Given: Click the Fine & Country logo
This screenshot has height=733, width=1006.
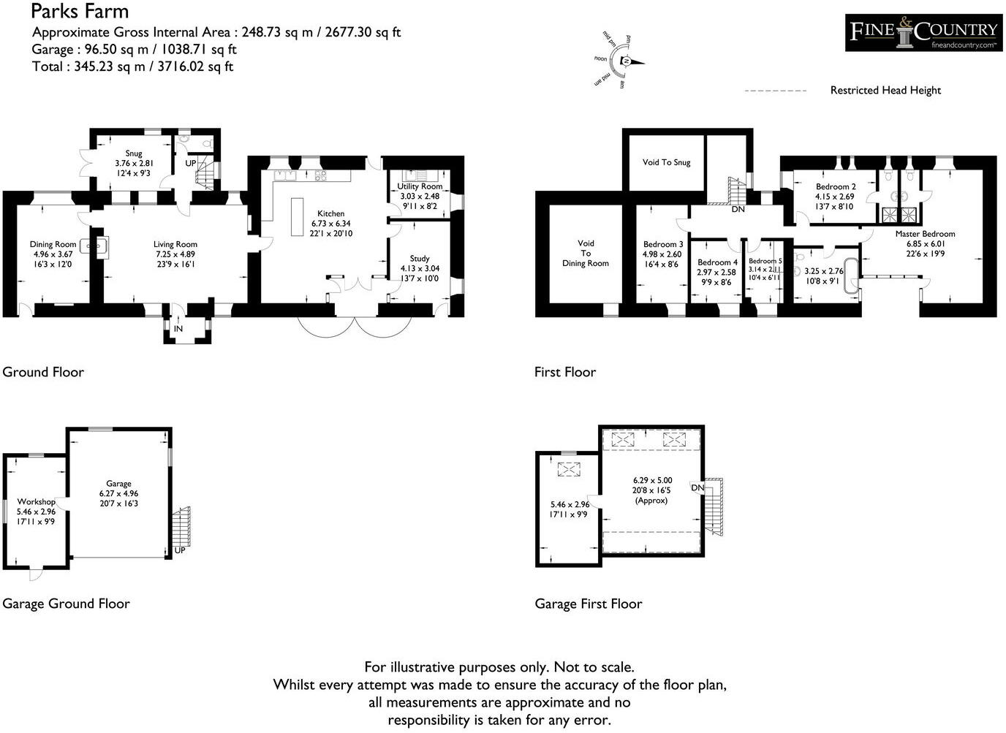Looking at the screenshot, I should click(x=923, y=33).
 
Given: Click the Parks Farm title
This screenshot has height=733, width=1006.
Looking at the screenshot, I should click(x=80, y=11).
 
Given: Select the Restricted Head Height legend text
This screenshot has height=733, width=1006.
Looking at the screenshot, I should click(x=885, y=91).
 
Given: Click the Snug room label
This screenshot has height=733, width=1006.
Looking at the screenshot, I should click(x=133, y=153).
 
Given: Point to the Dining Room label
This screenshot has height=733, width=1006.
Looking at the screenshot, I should click(x=53, y=245).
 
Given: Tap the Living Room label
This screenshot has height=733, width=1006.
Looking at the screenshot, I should click(x=175, y=245).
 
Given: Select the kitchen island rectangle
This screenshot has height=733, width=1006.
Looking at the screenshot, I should click(x=297, y=216).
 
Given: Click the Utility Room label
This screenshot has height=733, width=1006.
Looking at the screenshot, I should click(x=420, y=186).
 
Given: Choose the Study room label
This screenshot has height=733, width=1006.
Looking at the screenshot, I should click(x=420, y=259).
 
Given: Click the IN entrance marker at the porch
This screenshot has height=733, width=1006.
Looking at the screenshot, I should click(x=178, y=329).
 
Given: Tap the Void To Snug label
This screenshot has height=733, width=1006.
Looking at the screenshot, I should click(x=666, y=162).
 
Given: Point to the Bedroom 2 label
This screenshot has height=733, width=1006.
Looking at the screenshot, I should click(x=836, y=187).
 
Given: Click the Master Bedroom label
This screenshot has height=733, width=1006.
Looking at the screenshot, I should click(x=925, y=234).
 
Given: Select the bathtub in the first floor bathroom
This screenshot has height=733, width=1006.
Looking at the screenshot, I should click(x=852, y=275).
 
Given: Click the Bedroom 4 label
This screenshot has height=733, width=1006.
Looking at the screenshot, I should click(x=717, y=262).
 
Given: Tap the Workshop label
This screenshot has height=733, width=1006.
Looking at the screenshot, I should click(x=36, y=502).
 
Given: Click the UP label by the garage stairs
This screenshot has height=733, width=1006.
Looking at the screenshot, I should click(x=180, y=550).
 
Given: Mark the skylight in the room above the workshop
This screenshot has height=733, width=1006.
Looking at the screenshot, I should click(x=568, y=470).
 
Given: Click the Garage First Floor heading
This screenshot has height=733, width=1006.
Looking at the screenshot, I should click(x=588, y=604).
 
